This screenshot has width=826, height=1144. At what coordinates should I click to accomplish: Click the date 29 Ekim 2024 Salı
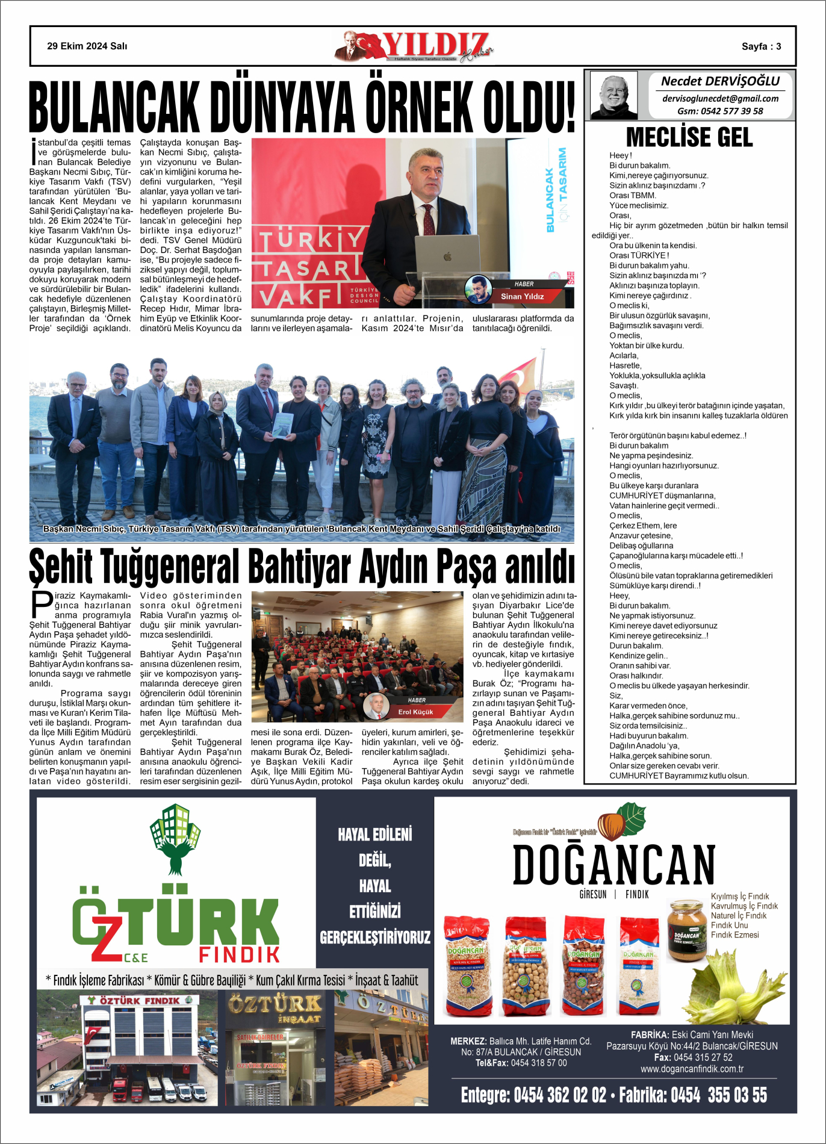click(x=87, y=46)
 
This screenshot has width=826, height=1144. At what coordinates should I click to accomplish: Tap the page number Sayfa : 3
click(x=761, y=46)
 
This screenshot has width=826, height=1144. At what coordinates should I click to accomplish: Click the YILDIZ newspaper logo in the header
click(x=415, y=46)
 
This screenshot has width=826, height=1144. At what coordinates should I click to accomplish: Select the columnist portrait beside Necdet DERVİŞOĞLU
click(x=613, y=95)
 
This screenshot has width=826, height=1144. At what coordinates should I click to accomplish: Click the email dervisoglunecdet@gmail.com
click(x=720, y=99)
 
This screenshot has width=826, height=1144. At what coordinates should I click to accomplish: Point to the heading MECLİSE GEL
click(x=689, y=137)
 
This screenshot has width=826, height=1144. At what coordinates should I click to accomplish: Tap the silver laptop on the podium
click(x=447, y=255)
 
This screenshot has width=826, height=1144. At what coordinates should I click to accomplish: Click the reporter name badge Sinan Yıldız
click(x=522, y=296)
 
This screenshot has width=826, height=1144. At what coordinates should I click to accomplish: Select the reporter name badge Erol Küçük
click(x=415, y=712)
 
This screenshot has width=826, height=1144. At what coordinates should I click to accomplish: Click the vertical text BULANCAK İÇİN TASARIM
click(x=556, y=190)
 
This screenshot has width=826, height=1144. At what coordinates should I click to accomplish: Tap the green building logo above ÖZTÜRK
click(x=175, y=838)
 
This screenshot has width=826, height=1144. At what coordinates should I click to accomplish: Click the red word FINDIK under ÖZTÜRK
click(x=240, y=954)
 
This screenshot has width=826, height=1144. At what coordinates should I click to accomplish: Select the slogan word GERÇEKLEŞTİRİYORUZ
click(x=375, y=937)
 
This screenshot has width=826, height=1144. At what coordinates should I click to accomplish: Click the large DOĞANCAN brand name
click(x=614, y=865)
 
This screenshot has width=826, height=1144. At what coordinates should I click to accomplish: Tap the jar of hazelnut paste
click(x=686, y=930)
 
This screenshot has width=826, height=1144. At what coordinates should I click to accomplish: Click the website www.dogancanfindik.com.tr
click(x=692, y=1069)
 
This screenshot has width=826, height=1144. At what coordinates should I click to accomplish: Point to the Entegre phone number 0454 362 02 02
click(x=559, y=1095)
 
